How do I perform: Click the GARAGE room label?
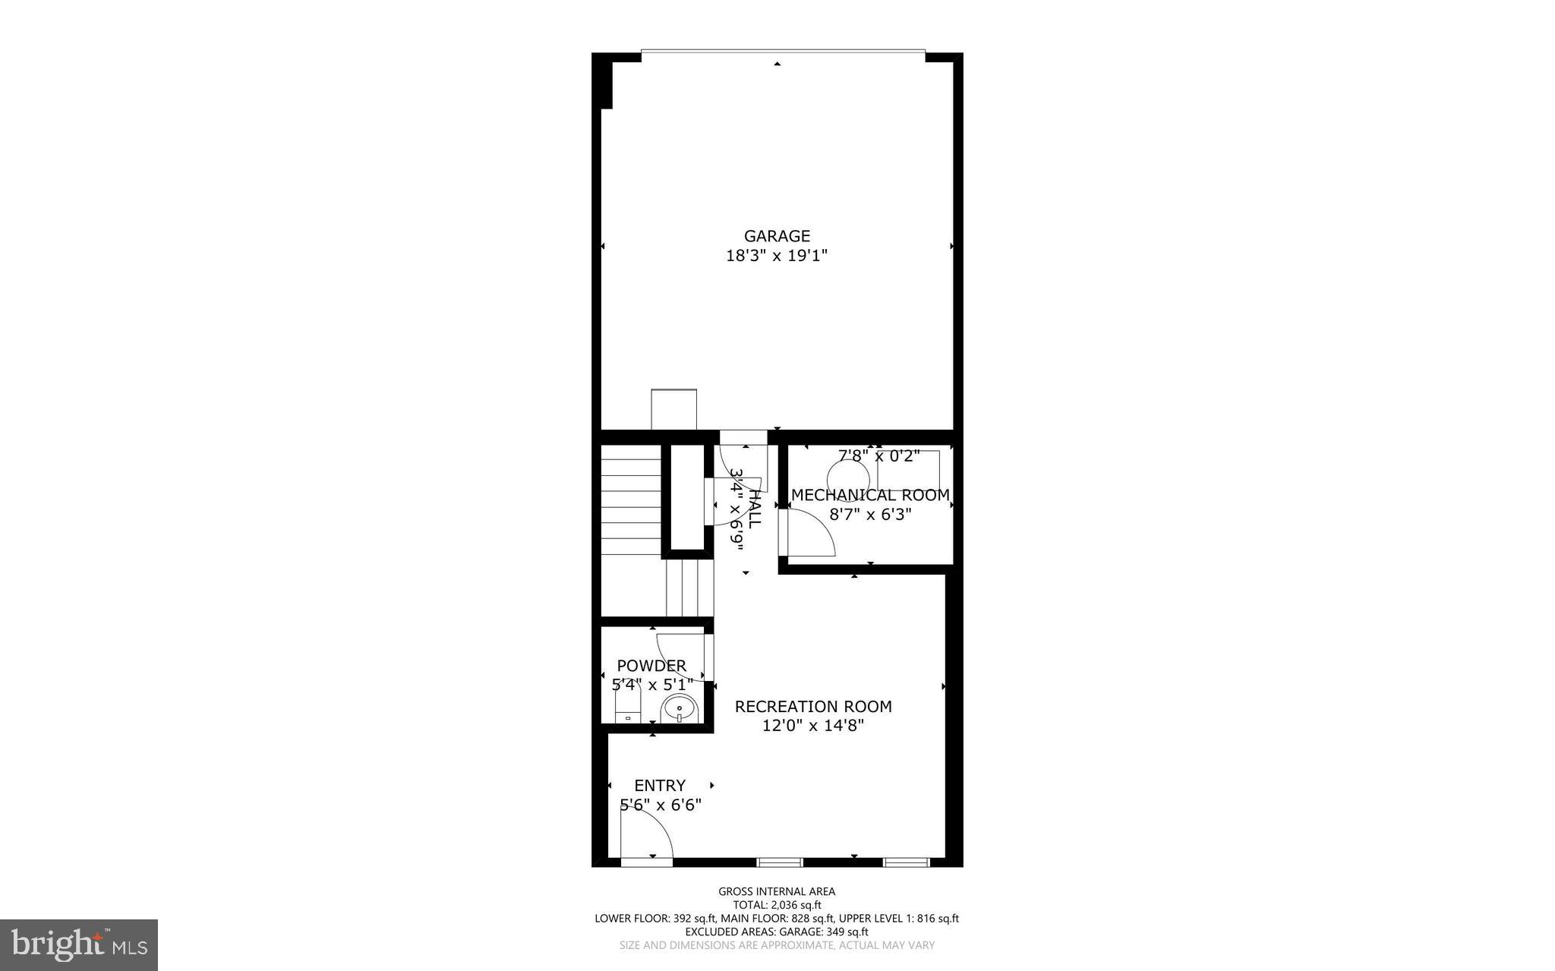coord(777,236)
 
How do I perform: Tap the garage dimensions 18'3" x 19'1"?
coord(777,256)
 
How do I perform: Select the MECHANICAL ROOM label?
coord(870,495)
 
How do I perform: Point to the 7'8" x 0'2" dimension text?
coord(878,456)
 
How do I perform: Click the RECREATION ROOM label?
coord(813,707)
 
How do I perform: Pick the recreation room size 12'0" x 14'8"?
coord(813,726)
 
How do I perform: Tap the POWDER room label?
coord(651,666)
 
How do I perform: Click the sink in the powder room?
coord(678,710)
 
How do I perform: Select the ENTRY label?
coord(660,786)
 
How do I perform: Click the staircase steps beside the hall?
coord(631,501)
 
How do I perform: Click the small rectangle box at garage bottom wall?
coord(673,410)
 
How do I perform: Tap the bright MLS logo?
coord(79,944)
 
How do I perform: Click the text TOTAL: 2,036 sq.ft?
coord(777,905)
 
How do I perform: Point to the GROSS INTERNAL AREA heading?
coord(777,891)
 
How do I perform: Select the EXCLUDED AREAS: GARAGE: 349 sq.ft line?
coord(777,932)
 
